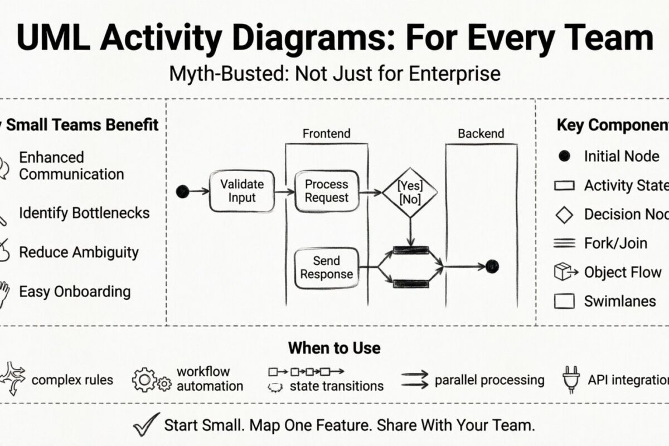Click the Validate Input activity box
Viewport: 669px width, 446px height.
coord(241,191)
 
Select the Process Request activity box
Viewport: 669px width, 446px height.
coord(326,191)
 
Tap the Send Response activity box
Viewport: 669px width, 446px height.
coord(326,268)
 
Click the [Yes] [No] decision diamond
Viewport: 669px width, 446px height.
coord(410,192)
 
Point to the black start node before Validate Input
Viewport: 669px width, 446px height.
coord(182,192)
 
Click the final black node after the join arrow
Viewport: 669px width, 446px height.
coord(492,267)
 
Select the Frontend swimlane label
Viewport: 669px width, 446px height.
coord(326,134)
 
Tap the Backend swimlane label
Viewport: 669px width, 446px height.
coord(481,134)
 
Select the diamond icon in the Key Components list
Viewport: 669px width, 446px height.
coord(565,215)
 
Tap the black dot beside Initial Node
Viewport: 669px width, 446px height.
coord(564,157)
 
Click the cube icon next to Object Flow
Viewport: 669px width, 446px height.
coord(564,272)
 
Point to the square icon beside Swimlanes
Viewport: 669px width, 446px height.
coord(564,302)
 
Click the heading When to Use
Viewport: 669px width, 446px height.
coord(334,348)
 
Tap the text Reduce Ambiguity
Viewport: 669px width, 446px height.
coord(79,252)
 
